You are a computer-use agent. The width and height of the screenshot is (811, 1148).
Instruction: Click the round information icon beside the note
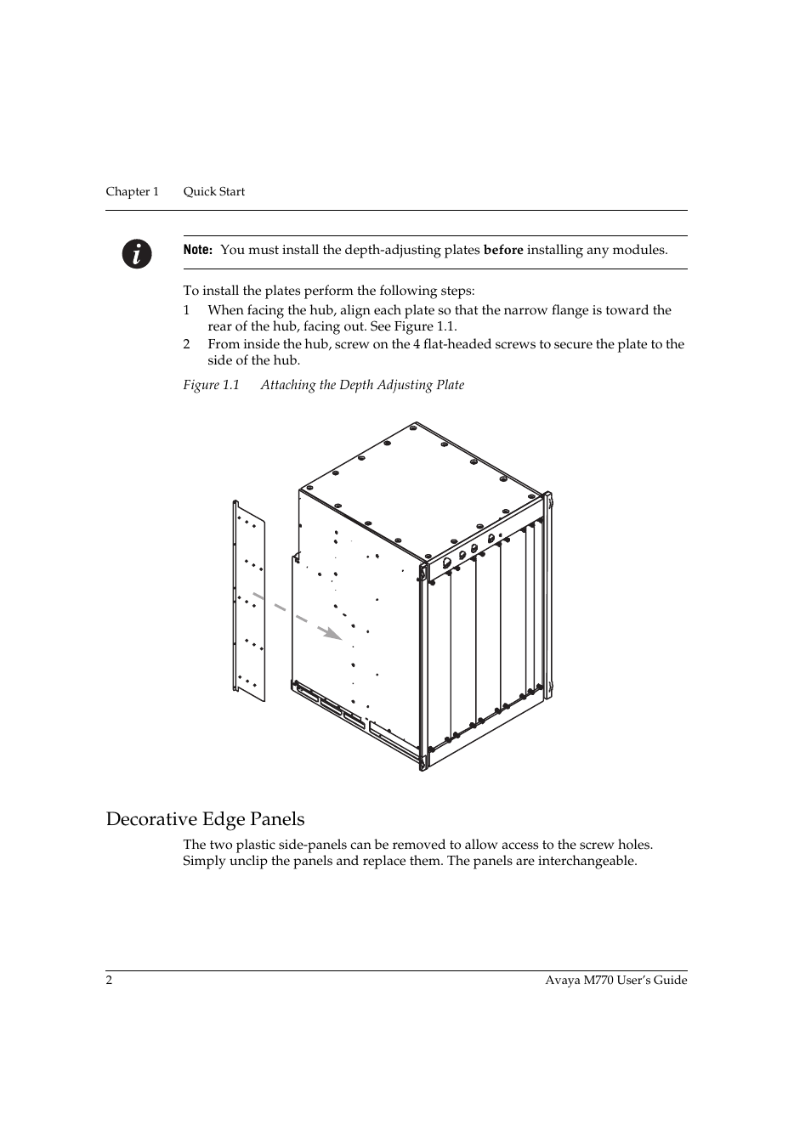point(136,253)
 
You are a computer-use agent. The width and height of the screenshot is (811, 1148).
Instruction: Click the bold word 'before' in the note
point(503,250)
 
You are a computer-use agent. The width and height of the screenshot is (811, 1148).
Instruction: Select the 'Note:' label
point(197,250)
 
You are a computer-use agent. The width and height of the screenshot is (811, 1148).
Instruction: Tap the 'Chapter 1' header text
point(132,191)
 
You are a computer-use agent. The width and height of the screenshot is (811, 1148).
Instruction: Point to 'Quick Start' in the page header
point(214,191)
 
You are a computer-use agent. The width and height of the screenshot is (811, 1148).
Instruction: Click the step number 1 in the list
point(186,310)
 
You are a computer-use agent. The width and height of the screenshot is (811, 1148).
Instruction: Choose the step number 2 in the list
point(186,344)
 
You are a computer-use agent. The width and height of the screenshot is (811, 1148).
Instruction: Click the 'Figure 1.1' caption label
point(211,385)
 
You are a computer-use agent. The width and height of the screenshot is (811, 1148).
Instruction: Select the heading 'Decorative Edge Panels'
point(205,818)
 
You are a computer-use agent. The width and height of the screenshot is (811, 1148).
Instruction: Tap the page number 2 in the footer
point(109,980)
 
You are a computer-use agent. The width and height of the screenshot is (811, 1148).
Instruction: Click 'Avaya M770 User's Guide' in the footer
point(615,980)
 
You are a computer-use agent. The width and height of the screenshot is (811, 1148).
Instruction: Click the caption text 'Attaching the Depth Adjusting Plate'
point(362,385)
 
